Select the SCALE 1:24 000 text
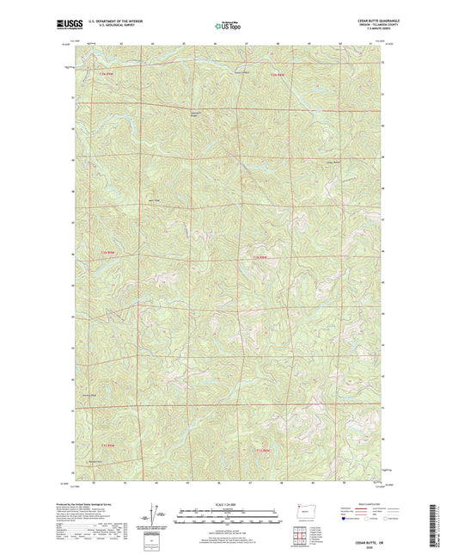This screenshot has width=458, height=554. (228, 504)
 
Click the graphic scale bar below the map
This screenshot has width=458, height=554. (228, 513)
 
